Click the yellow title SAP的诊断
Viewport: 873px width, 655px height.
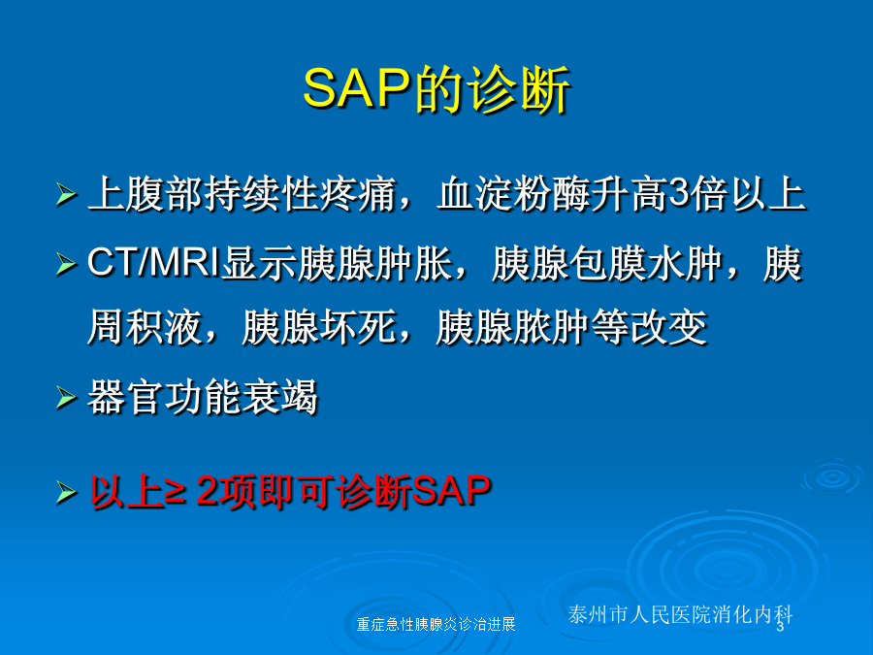pyautogui.click(x=436, y=89)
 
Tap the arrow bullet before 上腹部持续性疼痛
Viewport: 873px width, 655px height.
pyautogui.click(x=67, y=194)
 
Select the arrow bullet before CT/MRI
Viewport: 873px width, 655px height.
pyautogui.click(x=67, y=264)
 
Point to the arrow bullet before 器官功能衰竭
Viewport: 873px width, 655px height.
pyautogui.click(x=67, y=398)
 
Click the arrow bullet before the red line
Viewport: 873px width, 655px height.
pyautogui.click(x=67, y=493)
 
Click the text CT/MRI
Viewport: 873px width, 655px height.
pyautogui.click(x=153, y=263)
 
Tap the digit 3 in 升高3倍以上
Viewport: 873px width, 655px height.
pyautogui.click(x=678, y=194)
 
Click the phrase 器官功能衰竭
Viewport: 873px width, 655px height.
pyautogui.click(x=203, y=397)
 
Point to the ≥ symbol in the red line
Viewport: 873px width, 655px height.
pyautogui.click(x=176, y=492)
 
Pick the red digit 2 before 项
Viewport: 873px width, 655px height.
pyautogui.click(x=208, y=491)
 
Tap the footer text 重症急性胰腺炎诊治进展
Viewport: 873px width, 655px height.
pyautogui.click(x=436, y=624)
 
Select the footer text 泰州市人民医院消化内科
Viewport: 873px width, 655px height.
pyautogui.click(x=680, y=614)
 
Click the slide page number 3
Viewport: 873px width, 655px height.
pyautogui.click(x=781, y=627)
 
